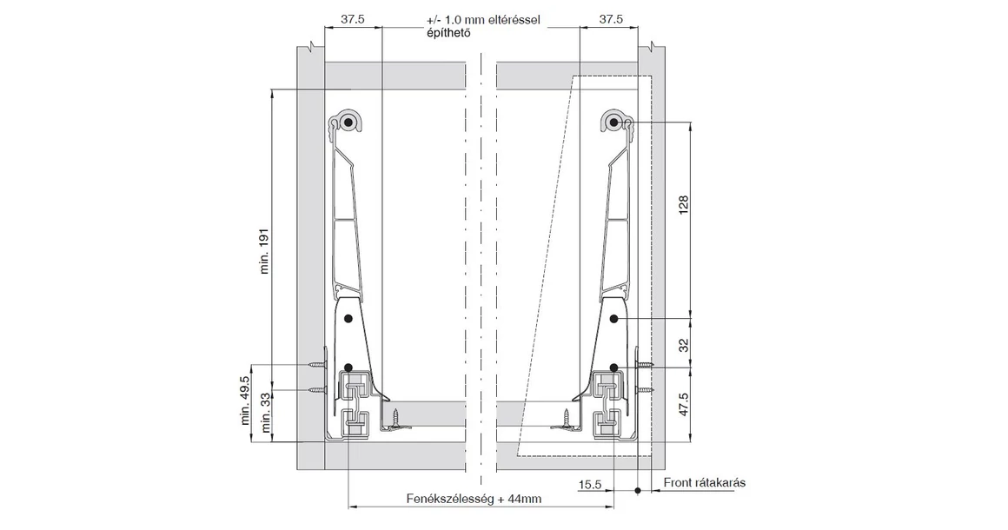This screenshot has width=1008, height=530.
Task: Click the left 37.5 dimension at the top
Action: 353,19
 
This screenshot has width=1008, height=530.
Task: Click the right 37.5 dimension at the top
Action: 610,19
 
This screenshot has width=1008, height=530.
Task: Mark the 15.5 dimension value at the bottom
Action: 591,484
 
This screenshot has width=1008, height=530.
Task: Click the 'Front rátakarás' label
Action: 704,483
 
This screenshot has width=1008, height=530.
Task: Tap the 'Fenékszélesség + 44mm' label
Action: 474,499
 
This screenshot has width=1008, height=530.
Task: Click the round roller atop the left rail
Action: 348,123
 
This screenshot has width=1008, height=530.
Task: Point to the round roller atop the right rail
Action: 613,123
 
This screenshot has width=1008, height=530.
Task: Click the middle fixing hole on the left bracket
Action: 348,319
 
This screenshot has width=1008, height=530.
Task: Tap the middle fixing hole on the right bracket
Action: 613,319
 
